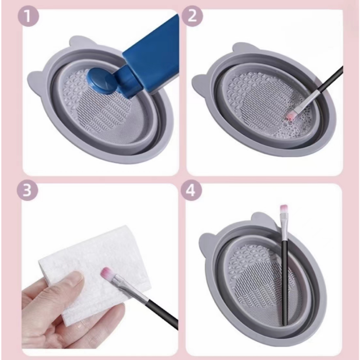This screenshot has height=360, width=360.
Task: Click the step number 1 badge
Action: tap(28, 16)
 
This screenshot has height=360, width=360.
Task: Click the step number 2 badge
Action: tap(192, 16)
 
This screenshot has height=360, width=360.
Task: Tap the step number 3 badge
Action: tap(27, 190)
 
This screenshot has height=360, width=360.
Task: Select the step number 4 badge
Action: tap(191, 190)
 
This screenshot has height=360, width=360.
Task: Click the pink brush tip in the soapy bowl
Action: tap(290, 116)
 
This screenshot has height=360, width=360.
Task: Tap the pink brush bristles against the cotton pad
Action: tap(107, 274)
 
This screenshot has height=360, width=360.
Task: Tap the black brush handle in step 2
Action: tap(330, 79)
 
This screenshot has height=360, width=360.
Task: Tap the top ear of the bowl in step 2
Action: tap(243, 48)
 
